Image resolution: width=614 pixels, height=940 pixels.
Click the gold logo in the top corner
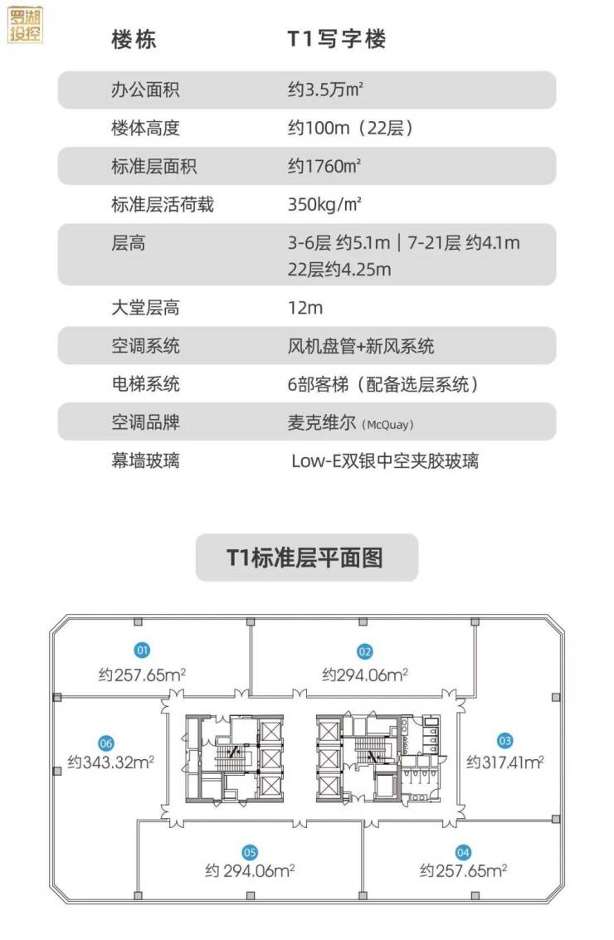(x=25, y=25)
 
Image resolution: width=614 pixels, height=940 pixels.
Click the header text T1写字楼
(x=336, y=39)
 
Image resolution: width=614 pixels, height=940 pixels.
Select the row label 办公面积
(x=145, y=90)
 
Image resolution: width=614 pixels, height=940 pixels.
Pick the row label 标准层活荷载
(x=163, y=204)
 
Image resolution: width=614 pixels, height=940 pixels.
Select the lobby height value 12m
(x=305, y=308)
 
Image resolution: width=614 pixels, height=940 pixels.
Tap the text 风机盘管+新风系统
(x=361, y=346)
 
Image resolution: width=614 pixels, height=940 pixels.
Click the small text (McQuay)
(x=387, y=424)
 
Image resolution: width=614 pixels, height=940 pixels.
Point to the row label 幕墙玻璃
(x=145, y=460)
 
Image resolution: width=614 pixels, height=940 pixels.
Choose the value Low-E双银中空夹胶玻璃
(x=385, y=460)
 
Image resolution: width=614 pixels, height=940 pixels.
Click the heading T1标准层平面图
(x=306, y=558)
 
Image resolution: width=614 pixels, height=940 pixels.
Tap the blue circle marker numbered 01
(x=143, y=650)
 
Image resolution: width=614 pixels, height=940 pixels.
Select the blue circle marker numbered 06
(x=105, y=743)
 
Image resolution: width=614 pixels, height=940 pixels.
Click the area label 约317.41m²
(x=504, y=762)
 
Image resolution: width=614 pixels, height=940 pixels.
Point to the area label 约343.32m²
(x=111, y=762)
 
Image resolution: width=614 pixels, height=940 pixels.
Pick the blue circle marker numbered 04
(x=463, y=851)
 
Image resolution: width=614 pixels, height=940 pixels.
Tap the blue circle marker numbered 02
(x=365, y=651)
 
